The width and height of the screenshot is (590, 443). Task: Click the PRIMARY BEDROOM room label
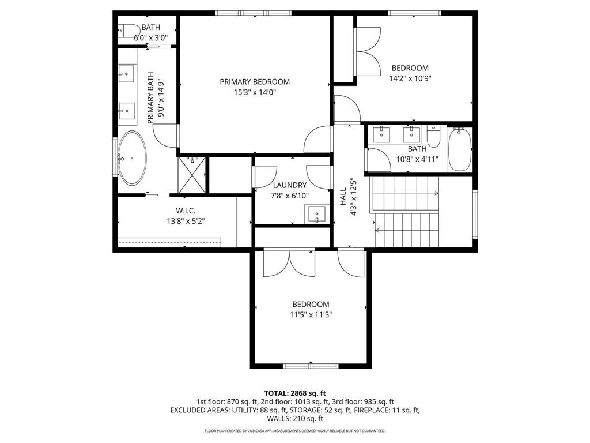pos(255,82)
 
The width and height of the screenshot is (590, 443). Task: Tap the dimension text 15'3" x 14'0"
pos(255,92)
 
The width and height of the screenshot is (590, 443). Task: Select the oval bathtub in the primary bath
pos(133,158)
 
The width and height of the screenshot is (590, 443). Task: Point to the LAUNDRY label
pos(289,185)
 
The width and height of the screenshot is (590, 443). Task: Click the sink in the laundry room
pos(316,215)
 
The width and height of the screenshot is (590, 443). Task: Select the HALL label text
pos(343,197)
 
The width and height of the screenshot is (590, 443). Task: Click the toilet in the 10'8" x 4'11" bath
pos(434,136)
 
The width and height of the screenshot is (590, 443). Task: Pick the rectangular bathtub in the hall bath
pos(460,149)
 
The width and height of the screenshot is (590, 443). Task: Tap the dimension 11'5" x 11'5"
pos(311,315)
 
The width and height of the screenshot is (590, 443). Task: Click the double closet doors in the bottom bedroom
pos(289,263)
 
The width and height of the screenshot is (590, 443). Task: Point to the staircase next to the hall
pos(406,211)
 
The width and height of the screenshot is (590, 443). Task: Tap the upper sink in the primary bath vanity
pos(127,73)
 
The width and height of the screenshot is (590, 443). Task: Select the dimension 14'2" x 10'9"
pos(410,78)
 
